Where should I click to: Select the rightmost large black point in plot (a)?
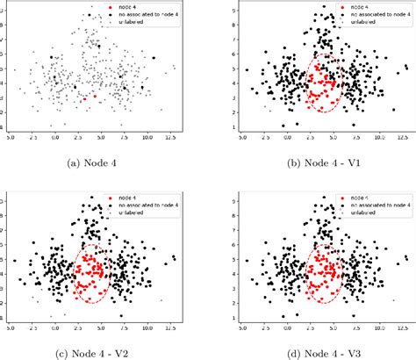click(153, 58)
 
